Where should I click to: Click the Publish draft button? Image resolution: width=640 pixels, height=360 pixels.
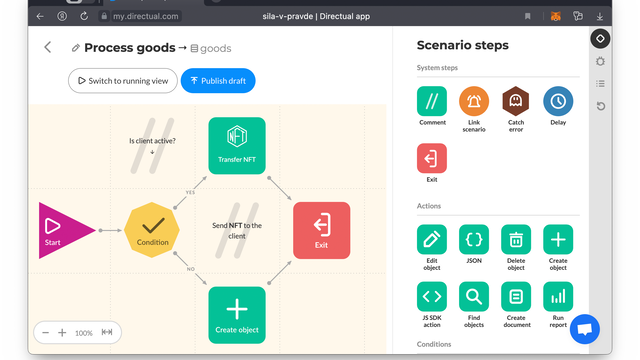click(x=218, y=80)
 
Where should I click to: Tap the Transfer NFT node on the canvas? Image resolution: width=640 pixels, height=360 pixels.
click(x=237, y=145)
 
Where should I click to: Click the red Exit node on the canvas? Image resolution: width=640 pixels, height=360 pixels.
click(x=321, y=230)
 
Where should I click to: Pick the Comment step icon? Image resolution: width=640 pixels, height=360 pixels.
click(x=432, y=100)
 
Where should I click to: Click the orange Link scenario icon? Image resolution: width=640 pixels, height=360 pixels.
click(x=474, y=100)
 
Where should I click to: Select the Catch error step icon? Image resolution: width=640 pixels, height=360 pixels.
click(x=516, y=100)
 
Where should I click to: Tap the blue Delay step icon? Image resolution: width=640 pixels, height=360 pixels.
click(x=558, y=100)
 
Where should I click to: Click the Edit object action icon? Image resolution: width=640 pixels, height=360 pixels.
click(x=432, y=239)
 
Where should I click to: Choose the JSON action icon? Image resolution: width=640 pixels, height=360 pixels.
click(x=474, y=239)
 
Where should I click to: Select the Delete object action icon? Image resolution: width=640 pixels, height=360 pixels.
click(x=516, y=239)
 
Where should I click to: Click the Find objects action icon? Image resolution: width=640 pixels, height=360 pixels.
click(x=474, y=296)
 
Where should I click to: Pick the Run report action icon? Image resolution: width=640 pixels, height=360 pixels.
click(x=558, y=296)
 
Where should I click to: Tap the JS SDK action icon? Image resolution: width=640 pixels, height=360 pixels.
click(x=432, y=296)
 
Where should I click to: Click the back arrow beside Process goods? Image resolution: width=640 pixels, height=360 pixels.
click(x=47, y=47)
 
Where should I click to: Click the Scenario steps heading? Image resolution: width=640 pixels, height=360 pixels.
click(x=463, y=45)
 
